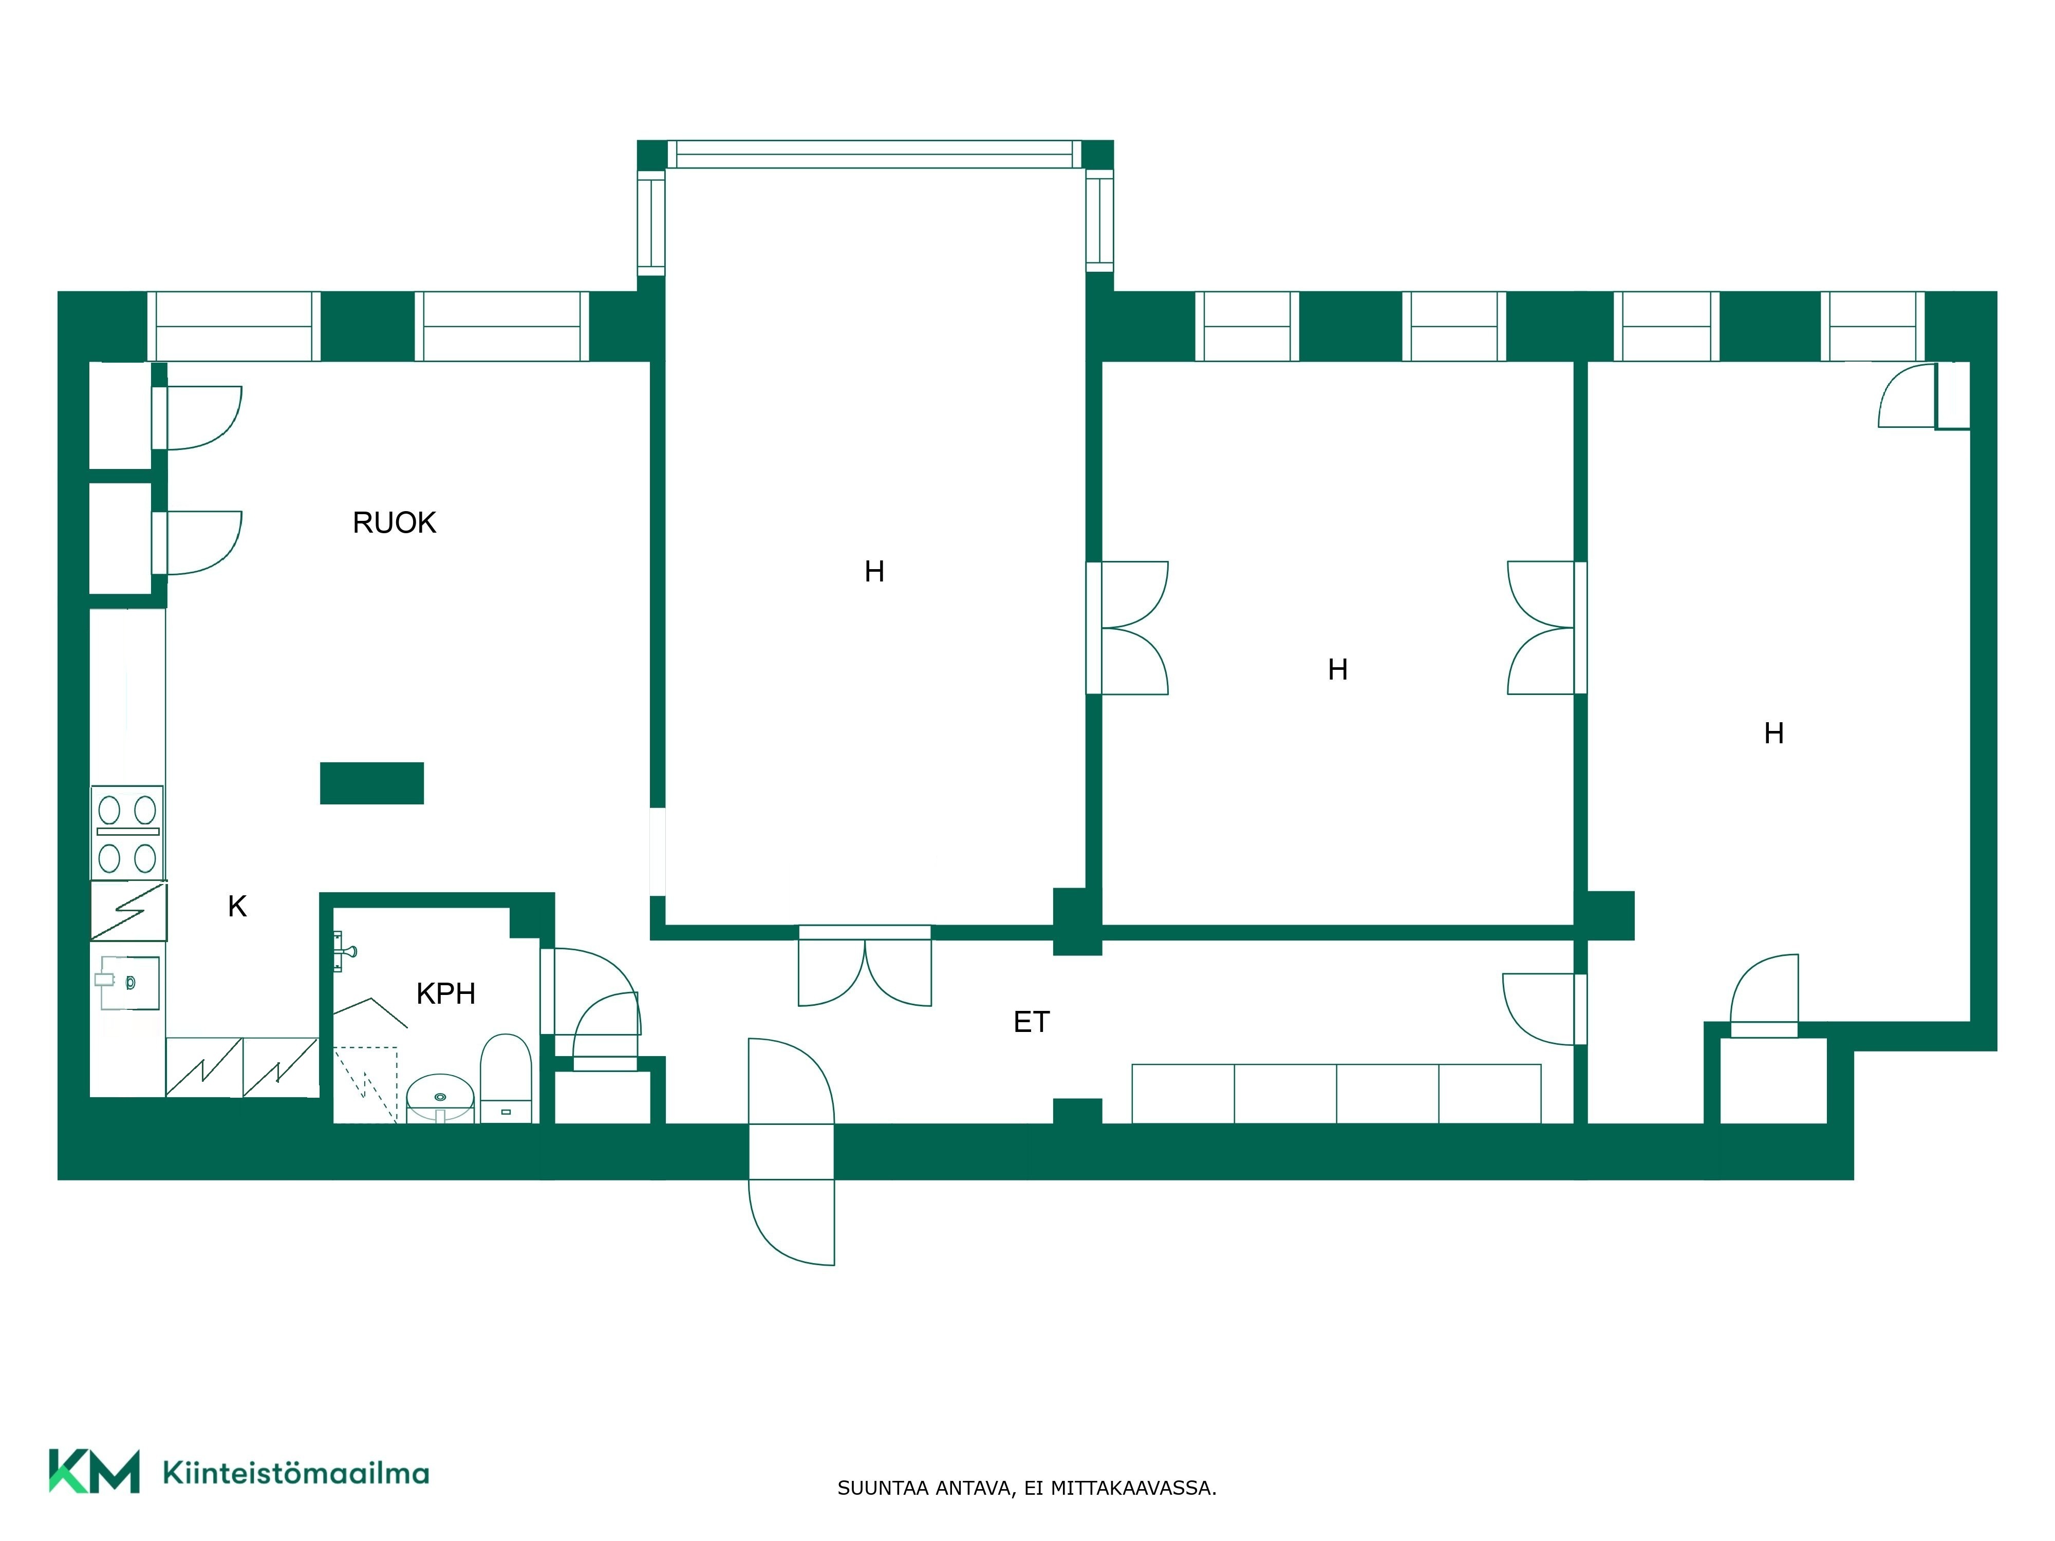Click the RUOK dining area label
[394, 523]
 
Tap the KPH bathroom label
[446, 994]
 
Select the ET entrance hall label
[1031, 1022]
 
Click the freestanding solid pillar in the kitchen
[371, 783]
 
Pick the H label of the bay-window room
[874, 571]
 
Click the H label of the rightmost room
[1773, 734]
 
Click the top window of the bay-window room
[874, 154]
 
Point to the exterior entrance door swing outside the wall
[792, 1223]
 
